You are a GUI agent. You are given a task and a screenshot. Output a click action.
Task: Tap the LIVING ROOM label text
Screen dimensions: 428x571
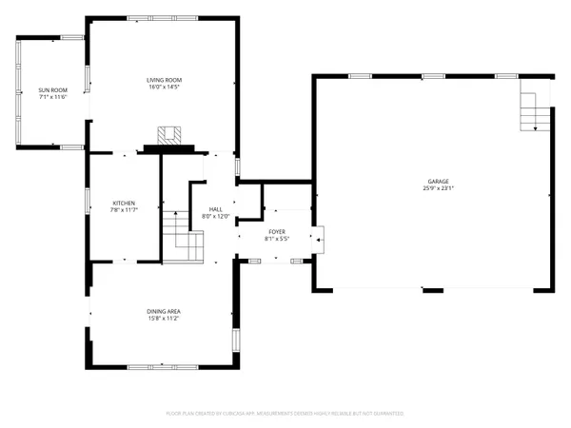point(164,80)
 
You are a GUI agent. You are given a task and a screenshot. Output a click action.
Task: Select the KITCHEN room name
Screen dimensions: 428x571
point(124,203)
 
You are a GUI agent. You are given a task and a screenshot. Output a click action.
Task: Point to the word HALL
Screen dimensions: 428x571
point(216,209)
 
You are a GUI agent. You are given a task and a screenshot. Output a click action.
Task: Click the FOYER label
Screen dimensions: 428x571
point(276,231)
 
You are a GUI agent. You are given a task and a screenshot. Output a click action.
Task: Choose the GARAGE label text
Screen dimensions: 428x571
point(438,182)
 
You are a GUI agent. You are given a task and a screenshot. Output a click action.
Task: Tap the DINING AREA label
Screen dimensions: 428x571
point(164,311)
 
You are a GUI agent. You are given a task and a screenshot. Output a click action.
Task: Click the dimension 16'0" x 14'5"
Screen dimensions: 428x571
point(164,88)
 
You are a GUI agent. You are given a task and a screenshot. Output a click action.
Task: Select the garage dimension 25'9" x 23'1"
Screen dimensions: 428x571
point(438,189)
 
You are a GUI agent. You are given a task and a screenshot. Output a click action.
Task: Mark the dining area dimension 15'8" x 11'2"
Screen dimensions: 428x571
point(164,319)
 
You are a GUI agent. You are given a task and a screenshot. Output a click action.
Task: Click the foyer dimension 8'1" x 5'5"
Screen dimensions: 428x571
point(276,239)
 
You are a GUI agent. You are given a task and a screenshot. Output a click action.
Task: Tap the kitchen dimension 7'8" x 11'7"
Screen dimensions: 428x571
point(124,210)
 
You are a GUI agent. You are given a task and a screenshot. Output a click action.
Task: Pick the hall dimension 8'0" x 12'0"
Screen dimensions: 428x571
point(216,217)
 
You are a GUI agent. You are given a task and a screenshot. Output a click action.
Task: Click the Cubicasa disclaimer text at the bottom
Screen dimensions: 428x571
point(285,414)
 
